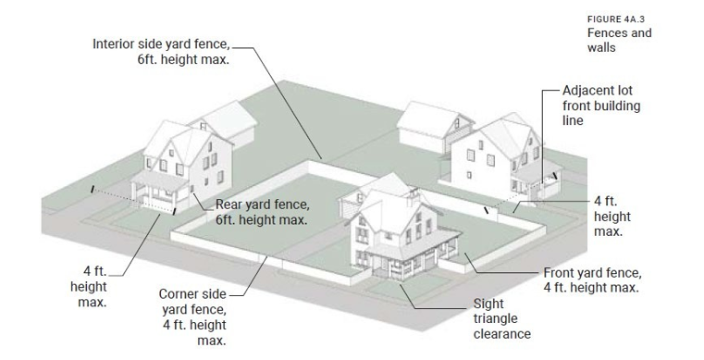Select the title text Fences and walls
[x=619, y=40]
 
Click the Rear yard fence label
[x=262, y=213]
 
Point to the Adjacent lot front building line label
[x=600, y=106]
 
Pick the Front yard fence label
[x=591, y=280]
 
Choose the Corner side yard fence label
[x=193, y=317]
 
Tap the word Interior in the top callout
[x=115, y=43]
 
